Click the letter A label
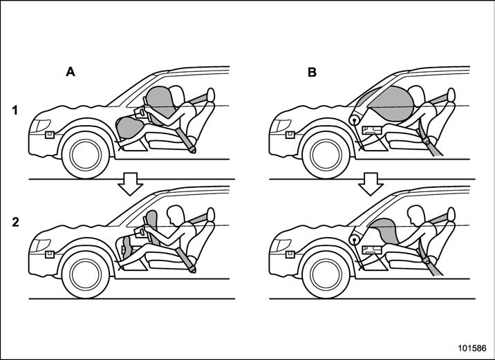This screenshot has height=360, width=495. pos(71,72)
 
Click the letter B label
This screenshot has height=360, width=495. pos(312,73)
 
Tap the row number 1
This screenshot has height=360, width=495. pos(15,111)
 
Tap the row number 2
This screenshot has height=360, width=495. pos(15,222)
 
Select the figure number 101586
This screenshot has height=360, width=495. pos(472,348)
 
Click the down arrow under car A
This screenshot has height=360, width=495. pos(131,184)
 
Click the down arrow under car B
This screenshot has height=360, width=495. pos(371,184)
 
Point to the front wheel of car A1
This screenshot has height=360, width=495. pos(86,155)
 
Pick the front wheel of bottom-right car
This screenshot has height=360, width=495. pos(326,274)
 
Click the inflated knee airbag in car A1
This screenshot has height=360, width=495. pos(129,127)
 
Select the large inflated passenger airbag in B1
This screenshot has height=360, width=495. pos(390,104)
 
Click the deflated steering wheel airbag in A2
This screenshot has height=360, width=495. pos(152,225)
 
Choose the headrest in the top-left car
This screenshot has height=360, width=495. pos(211,95)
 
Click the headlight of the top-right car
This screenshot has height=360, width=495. pos(280,126)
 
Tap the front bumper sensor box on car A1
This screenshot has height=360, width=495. pos(50,135)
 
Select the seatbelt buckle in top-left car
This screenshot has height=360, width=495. pos(192,149)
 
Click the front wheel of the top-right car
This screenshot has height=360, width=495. pos(326,155)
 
